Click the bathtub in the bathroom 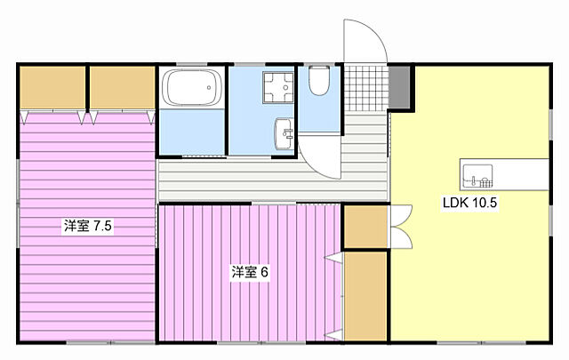click(x=192, y=87)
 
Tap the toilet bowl click(x=319, y=80)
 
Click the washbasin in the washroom click(x=284, y=133)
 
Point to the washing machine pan click(x=278, y=88)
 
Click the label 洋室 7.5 click(x=88, y=226)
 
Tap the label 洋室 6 click(x=250, y=272)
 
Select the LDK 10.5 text click(x=469, y=202)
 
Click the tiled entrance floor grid click(x=365, y=88)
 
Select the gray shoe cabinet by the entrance click(x=400, y=87)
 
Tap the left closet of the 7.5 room click(x=52, y=87)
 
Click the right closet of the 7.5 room click(x=123, y=87)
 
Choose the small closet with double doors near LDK click(x=365, y=227)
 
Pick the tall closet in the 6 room click(x=365, y=296)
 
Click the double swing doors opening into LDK click(x=401, y=227)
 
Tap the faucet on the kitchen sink click(x=474, y=180)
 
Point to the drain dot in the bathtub click(x=209, y=87)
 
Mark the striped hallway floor click(x=272, y=180)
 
